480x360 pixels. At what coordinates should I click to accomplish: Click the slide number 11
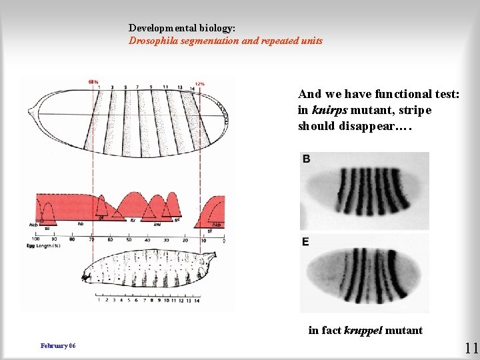coord(471,347)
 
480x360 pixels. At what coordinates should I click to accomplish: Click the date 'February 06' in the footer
coord(58,346)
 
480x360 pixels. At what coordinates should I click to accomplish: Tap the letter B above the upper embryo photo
coord(306,159)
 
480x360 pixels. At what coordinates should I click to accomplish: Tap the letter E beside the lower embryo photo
coord(305,241)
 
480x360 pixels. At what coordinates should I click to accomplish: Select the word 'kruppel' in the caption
coord(365,330)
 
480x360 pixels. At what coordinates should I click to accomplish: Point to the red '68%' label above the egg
coord(93,82)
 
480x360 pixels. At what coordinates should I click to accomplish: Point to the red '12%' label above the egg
coord(199,84)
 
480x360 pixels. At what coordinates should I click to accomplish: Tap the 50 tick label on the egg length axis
coord(129,239)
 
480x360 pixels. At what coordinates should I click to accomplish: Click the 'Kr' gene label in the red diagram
coord(132,219)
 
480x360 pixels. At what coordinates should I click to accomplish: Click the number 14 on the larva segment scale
coord(197,301)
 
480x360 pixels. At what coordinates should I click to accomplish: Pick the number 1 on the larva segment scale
coord(99,301)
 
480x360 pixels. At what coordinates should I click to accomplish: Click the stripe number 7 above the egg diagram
coord(137,87)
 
